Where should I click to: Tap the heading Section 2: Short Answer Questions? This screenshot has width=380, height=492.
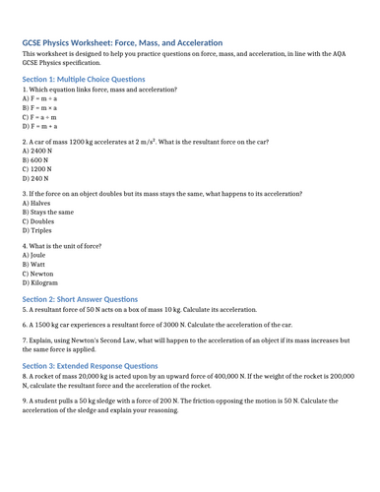pyautogui.click(x=80, y=298)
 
